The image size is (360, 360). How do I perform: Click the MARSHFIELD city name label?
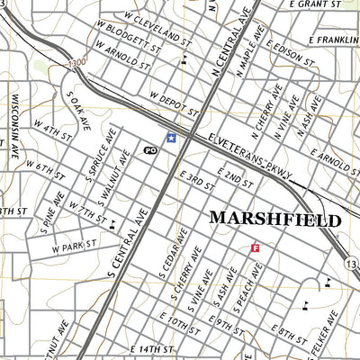(x=275, y=220)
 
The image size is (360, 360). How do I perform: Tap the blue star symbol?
(x=171, y=138)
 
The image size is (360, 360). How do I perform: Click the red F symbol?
(x=255, y=247)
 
